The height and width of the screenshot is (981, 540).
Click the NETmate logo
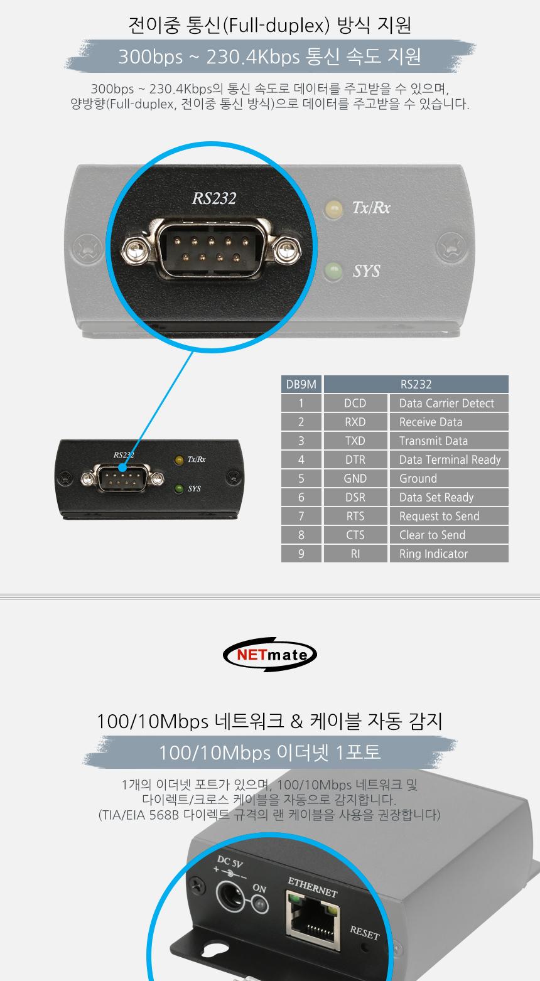[270, 656]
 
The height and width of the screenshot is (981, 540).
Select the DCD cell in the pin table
[355, 404]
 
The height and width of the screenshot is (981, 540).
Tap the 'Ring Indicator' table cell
[448, 554]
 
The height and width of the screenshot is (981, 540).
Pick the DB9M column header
[301, 385]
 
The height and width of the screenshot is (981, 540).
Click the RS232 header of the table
[416, 385]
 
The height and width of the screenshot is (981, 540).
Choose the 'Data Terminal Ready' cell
[448, 460]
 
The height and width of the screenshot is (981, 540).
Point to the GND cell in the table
[355, 479]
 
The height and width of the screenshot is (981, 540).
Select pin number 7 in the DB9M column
[301, 517]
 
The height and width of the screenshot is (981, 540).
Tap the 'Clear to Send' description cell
[448, 535]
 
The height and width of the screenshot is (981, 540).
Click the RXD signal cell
[355, 422]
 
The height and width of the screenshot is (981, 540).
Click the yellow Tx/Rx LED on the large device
[334, 209]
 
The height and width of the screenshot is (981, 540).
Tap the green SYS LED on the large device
[333, 272]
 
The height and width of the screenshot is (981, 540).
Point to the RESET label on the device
[365, 933]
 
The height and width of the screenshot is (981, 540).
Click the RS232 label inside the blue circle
[214, 198]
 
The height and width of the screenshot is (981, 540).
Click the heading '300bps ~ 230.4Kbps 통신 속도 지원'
[269, 57]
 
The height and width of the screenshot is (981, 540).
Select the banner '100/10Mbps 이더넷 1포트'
[269, 752]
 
